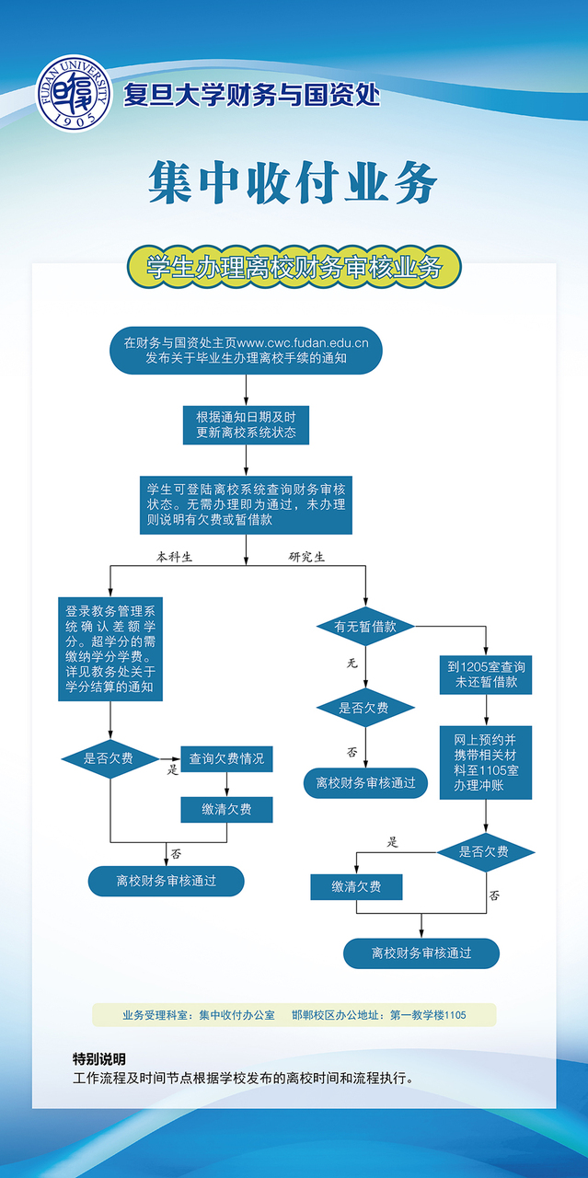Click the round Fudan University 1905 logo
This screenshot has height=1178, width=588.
coord(74,93)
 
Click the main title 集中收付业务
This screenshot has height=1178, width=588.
coord(293,183)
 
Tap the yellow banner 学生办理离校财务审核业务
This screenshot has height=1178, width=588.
coord(294,268)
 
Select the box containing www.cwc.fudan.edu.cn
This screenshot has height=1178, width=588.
coord(246,351)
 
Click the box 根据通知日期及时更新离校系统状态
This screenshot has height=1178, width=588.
coord(246,424)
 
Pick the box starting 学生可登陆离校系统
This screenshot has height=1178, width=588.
coord(246,504)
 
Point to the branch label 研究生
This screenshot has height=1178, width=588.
coord(306,557)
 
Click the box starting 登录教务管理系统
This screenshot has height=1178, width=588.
coord(110,649)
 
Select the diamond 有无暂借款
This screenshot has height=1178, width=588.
coord(365,627)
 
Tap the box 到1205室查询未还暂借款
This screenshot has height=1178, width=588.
coord(486,674)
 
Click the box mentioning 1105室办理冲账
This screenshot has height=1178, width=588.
coord(486,762)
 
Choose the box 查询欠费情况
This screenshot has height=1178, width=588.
coord(226,758)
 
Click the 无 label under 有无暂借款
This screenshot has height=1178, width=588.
coord(352,663)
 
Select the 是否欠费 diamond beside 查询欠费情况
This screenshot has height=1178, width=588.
coord(109,758)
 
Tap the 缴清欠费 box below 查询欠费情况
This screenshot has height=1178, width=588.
coord(226,810)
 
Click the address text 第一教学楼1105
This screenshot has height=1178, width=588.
coord(428,1015)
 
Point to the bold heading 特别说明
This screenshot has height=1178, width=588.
coord(99,1058)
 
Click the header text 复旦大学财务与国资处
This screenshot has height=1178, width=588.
coord(251,95)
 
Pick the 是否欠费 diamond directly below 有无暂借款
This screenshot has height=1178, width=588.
coord(365,708)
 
